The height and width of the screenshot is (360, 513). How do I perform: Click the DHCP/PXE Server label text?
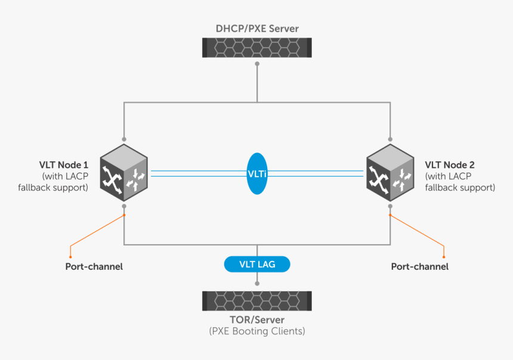(x=256, y=28)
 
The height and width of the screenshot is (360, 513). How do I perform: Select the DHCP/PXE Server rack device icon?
(x=256, y=48)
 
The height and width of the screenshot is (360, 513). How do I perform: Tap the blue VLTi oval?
(x=257, y=173)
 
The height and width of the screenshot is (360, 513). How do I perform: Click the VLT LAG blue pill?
(x=257, y=264)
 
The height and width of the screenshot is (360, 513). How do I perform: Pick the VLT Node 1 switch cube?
(x=123, y=174)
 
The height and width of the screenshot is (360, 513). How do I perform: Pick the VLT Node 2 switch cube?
(x=390, y=174)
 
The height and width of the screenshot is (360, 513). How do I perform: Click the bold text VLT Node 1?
(x=64, y=164)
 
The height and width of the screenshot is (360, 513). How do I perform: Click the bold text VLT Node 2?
(x=449, y=164)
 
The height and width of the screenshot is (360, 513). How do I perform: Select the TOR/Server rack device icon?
(x=256, y=301)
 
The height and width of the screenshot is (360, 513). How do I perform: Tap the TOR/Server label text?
(x=256, y=320)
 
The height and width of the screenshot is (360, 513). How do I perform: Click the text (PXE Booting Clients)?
(x=256, y=331)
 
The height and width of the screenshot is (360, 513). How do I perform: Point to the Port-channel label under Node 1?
(x=94, y=266)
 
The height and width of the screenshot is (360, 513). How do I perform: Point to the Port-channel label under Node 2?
(x=419, y=266)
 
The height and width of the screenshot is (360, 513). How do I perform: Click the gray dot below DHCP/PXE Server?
(x=257, y=63)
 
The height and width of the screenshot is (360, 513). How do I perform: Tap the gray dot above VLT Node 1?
(x=124, y=139)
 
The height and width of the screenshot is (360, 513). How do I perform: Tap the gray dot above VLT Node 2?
(x=390, y=139)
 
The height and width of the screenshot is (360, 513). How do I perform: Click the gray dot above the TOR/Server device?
(x=257, y=284)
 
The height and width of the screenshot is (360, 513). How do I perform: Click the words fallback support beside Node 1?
(x=58, y=187)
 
